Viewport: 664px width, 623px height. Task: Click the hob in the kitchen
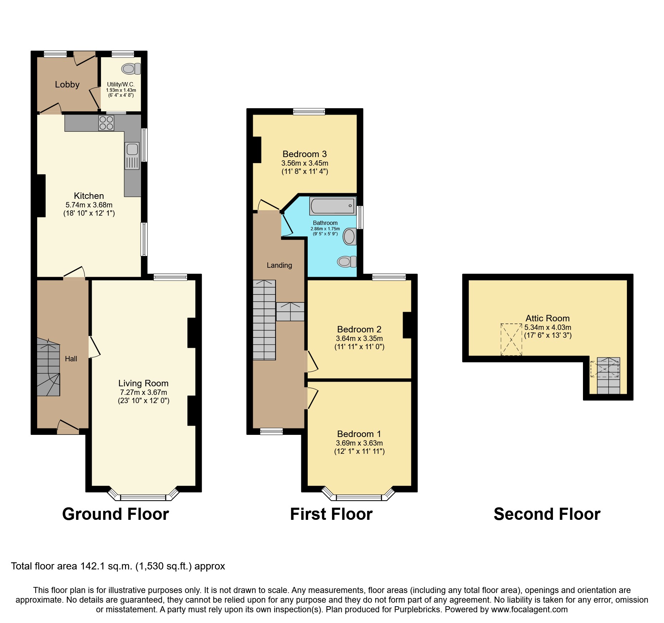point(106,123)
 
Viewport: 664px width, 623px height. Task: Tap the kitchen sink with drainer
point(132,156)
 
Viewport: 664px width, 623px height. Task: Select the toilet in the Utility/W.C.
point(131,69)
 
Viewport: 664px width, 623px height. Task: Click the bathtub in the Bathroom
point(332,206)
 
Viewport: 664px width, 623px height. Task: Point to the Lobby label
point(67,85)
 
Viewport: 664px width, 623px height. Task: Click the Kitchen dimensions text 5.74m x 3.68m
point(89,205)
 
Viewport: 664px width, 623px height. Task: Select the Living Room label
point(143,383)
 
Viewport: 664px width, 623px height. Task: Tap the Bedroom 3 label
point(305,154)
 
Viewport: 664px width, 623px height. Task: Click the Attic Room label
point(547,318)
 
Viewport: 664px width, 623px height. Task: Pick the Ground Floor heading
point(115,514)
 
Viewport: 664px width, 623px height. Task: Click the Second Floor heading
point(547,514)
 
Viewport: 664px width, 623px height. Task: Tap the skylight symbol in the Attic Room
point(511,340)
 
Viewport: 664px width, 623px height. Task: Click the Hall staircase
point(48,368)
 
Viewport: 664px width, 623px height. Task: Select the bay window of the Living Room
point(143,497)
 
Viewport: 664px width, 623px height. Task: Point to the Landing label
point(279,265)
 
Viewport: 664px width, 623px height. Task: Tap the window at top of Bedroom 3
point(309,111)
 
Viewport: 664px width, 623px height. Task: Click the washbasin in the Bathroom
point(349,236)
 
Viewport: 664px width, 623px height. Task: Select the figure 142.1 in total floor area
point(91,566)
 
